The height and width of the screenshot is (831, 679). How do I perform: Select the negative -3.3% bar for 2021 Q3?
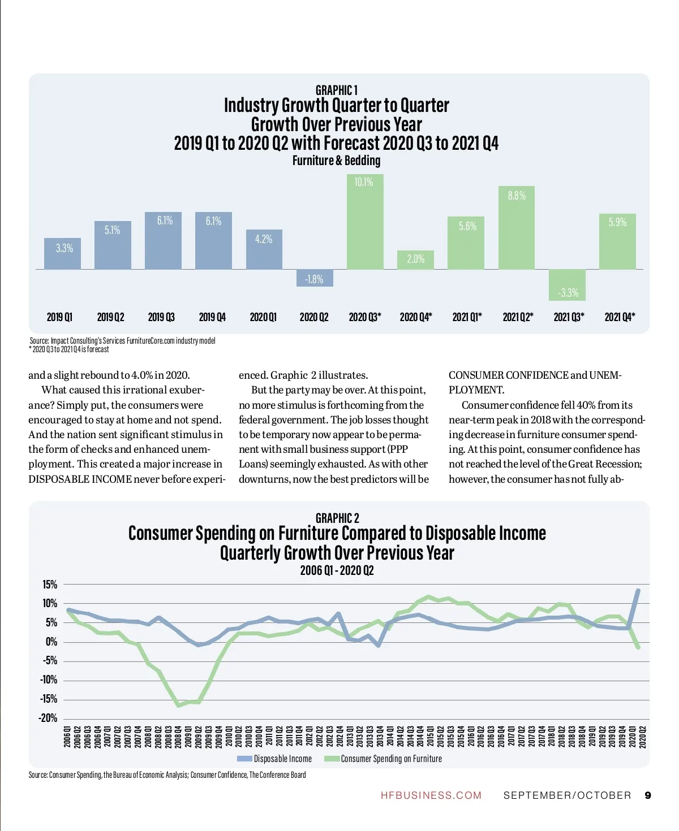coord(567,285)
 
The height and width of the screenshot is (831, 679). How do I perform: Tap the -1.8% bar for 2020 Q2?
coord(315,278)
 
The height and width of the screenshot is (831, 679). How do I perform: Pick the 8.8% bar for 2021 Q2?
coord(517,227)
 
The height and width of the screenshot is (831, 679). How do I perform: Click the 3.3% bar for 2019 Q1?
coord(63,253)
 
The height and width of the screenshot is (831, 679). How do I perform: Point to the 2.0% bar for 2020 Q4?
coord(415,259)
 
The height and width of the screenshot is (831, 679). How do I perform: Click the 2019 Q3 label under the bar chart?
coord(161,317)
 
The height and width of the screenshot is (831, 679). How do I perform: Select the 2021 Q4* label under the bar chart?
coord(620,317)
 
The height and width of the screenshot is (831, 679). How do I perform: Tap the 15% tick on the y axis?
coord(50,585)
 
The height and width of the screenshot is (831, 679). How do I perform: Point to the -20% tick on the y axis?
coord(48,718)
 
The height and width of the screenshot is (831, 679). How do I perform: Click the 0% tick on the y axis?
coord(51,642)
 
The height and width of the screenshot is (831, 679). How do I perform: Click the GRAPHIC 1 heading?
coord(336,90)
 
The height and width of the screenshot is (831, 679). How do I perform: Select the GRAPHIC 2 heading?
coord(337,518)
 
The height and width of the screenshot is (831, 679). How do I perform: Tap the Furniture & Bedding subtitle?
coord(336,161)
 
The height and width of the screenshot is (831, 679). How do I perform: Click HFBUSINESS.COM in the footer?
coord(431,795)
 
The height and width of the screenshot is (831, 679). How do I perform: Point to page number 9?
coord(648,795)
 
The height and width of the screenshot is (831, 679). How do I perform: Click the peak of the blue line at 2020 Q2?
coord(638,590)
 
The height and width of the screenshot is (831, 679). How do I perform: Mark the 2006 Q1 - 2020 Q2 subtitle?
coord(337,570)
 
